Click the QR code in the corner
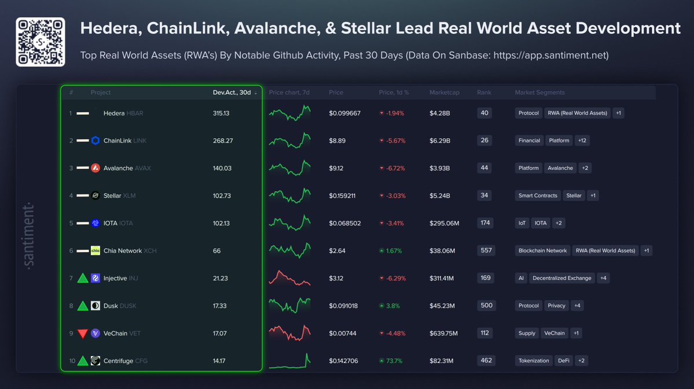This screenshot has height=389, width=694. (40, 42)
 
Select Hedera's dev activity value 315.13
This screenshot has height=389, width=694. (221, 113)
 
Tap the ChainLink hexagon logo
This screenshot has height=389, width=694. (96, 140)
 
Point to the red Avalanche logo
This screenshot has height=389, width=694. (96, 168)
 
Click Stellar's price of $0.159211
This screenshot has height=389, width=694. (342, 196)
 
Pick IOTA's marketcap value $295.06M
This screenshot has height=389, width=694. (444, 223)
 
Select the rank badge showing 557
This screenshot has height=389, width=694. (486, 250)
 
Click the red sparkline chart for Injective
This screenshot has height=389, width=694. (289, 278)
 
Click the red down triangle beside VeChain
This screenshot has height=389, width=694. (83, 334)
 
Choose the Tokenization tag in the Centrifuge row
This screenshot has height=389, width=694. (534, 361)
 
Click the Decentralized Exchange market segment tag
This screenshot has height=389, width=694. (561, 278)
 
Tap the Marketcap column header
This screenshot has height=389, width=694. (444, 92)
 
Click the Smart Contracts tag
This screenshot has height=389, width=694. (538, 195)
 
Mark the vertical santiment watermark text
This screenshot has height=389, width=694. (30, 235)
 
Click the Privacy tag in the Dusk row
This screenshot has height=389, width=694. (556, 306)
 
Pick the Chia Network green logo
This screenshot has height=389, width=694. (96, 251)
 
